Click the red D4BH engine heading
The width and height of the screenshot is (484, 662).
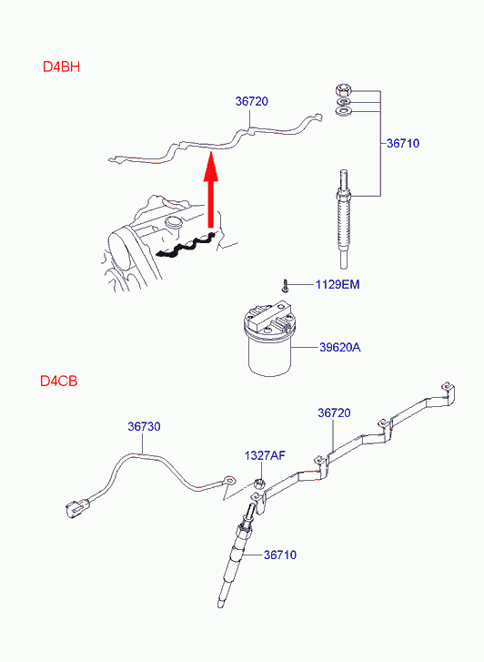coord(61,66)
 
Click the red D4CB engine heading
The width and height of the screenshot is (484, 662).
coord(58,381)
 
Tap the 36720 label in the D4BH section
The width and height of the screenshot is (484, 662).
coord(251,101)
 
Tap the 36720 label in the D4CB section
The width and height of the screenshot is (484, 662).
coord(334,412)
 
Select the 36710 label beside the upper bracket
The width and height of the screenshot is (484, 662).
coord(403,143)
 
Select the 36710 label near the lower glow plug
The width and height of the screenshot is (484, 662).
coord(280,555)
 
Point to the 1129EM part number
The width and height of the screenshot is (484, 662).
coord(338,284)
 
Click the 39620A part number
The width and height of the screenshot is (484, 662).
coord(339,347)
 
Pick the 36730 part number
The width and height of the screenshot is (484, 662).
coord(144,426)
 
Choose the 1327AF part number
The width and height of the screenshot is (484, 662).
coord(265,455)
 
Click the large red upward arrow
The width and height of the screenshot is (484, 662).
coord(211,191)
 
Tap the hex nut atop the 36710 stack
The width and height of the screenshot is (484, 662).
coord(343,90)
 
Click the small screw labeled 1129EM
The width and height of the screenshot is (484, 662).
coord(286,286)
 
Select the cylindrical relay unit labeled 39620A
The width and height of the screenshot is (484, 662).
coord(268,337)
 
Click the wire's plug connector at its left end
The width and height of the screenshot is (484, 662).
coord(76,506)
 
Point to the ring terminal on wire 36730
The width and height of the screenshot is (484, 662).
coord(229,480)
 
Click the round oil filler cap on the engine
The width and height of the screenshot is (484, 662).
coord(174,222)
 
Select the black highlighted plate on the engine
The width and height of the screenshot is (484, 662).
coord(187,245)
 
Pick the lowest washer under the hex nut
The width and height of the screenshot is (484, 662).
coord(344,111)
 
